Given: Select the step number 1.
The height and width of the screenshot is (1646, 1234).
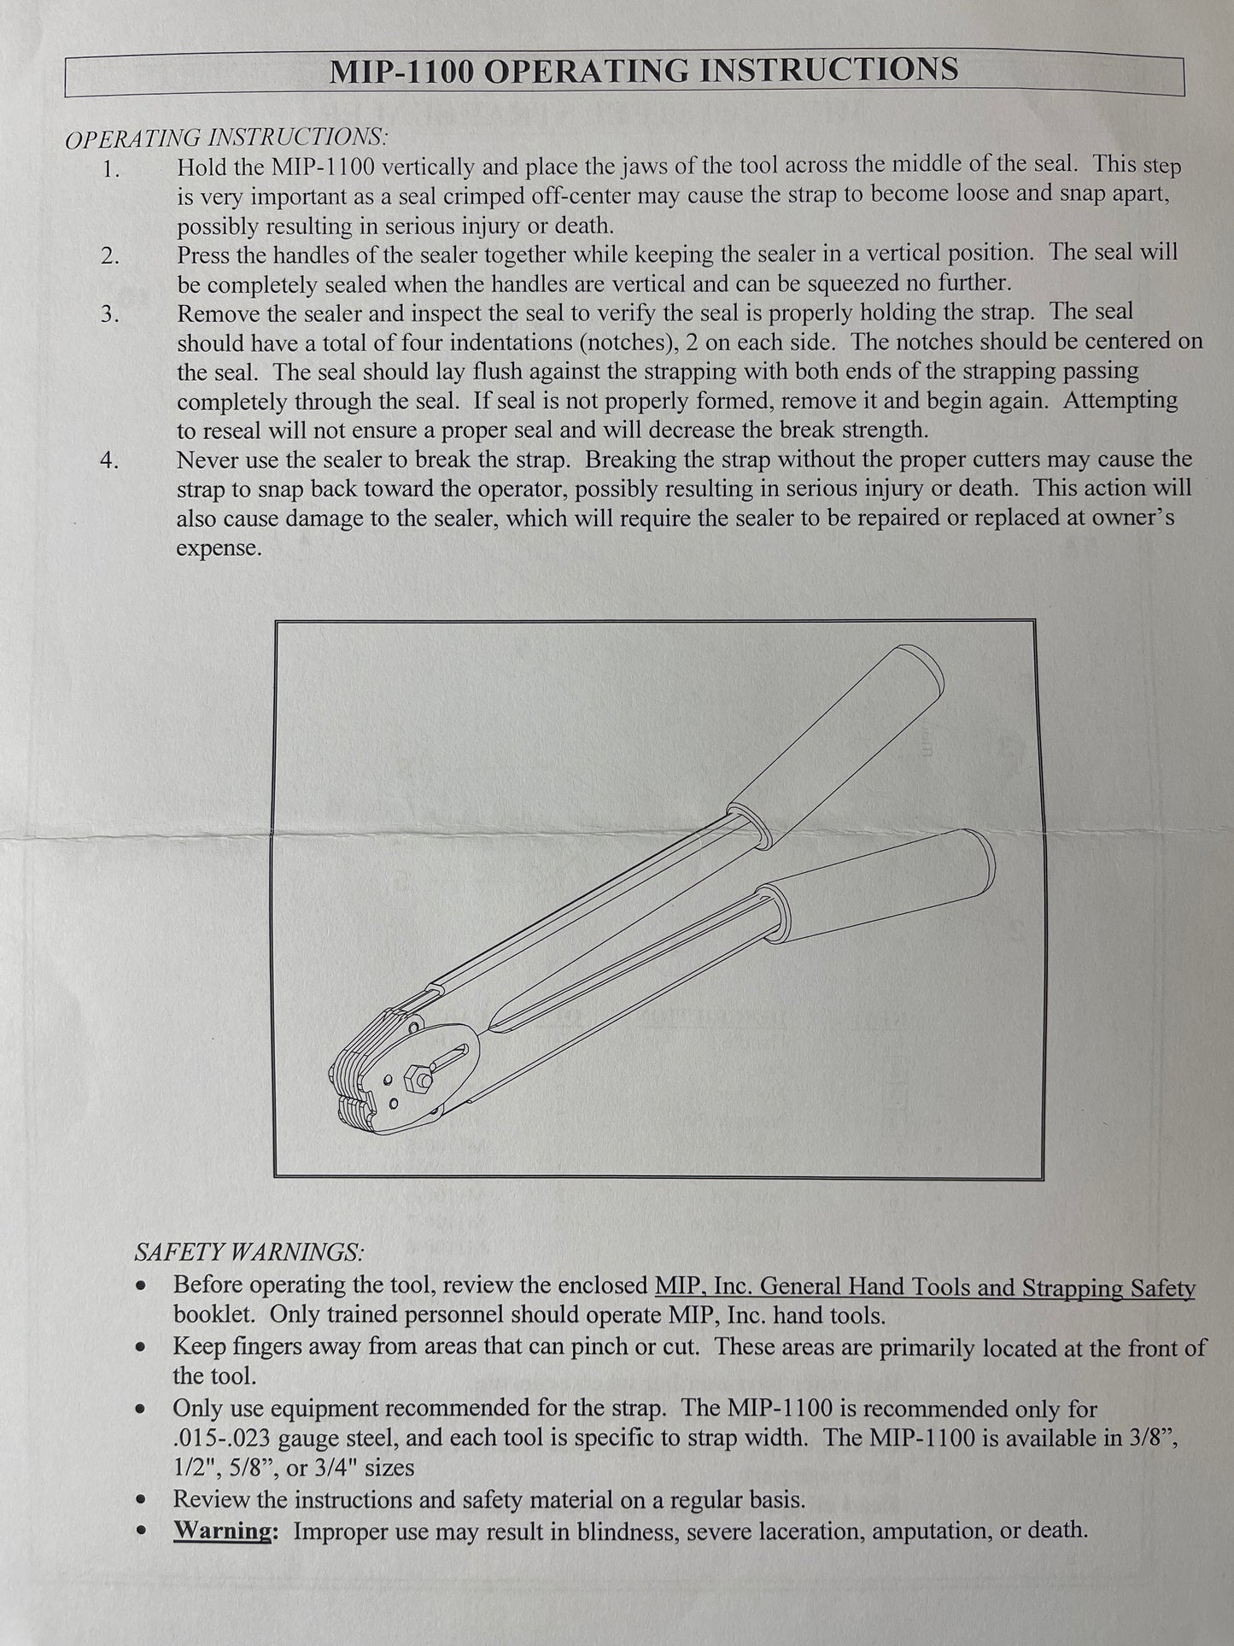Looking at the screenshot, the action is coord(111,168).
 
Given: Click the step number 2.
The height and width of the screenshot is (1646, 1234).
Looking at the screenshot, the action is coord(111,256).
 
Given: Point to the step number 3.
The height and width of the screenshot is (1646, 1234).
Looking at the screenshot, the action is coord(110,314).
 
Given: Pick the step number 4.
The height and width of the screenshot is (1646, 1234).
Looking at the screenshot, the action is coord(110,460).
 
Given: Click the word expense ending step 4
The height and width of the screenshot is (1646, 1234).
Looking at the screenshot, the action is coord(219,548).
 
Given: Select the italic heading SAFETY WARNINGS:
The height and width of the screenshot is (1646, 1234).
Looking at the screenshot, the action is coord(249,1252).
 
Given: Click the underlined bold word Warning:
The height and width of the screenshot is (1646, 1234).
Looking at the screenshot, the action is coord(226,1530).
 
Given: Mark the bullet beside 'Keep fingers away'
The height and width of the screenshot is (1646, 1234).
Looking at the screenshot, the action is coord(143,1347).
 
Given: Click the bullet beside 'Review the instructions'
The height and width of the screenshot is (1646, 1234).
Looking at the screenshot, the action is coord(143,1499).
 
